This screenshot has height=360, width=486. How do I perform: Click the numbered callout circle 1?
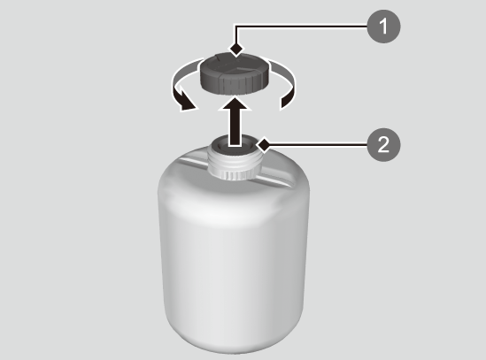383,27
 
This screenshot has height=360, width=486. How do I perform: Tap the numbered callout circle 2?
383,145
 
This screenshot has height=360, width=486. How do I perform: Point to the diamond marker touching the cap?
236,49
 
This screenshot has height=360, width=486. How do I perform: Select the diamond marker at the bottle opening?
264,144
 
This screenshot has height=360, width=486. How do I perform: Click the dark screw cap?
234,73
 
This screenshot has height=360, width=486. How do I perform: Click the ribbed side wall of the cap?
234,84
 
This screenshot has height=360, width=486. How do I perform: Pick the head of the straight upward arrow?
235,104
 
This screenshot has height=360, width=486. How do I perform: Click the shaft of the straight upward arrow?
235,127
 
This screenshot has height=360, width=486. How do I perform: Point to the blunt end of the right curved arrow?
286,103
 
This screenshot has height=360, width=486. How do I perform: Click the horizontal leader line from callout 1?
301,27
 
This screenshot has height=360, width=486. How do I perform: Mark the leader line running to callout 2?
319,144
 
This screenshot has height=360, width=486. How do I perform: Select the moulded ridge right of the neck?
276,181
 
